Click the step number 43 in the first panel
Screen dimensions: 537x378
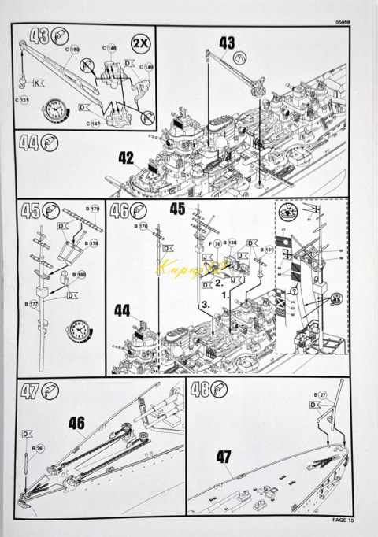[37, 36]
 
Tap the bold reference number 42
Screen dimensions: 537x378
[126, 157]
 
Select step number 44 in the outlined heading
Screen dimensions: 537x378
[29, 143]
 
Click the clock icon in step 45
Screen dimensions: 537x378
[80, 326]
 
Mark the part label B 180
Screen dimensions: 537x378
[79, 275]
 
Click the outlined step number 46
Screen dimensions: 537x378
[120, 212]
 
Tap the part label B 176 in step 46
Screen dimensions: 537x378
[142, 226]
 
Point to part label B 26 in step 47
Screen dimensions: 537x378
[38, 448]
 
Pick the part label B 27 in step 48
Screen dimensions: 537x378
[320, 394]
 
